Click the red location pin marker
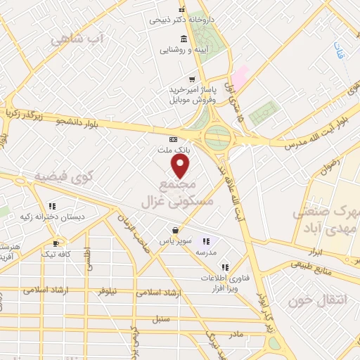pos(181,166)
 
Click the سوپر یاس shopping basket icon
pos(175,230)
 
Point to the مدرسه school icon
pos(206,240)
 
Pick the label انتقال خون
pos(318,300)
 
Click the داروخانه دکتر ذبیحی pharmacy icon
pos(182,9)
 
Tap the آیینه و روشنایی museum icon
pos(184,38)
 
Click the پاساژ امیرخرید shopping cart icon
pos(191,79)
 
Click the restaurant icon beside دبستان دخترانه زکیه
pos(53,206)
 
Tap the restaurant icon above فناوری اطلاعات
pos(224,267)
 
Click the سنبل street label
pos(162,319)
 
